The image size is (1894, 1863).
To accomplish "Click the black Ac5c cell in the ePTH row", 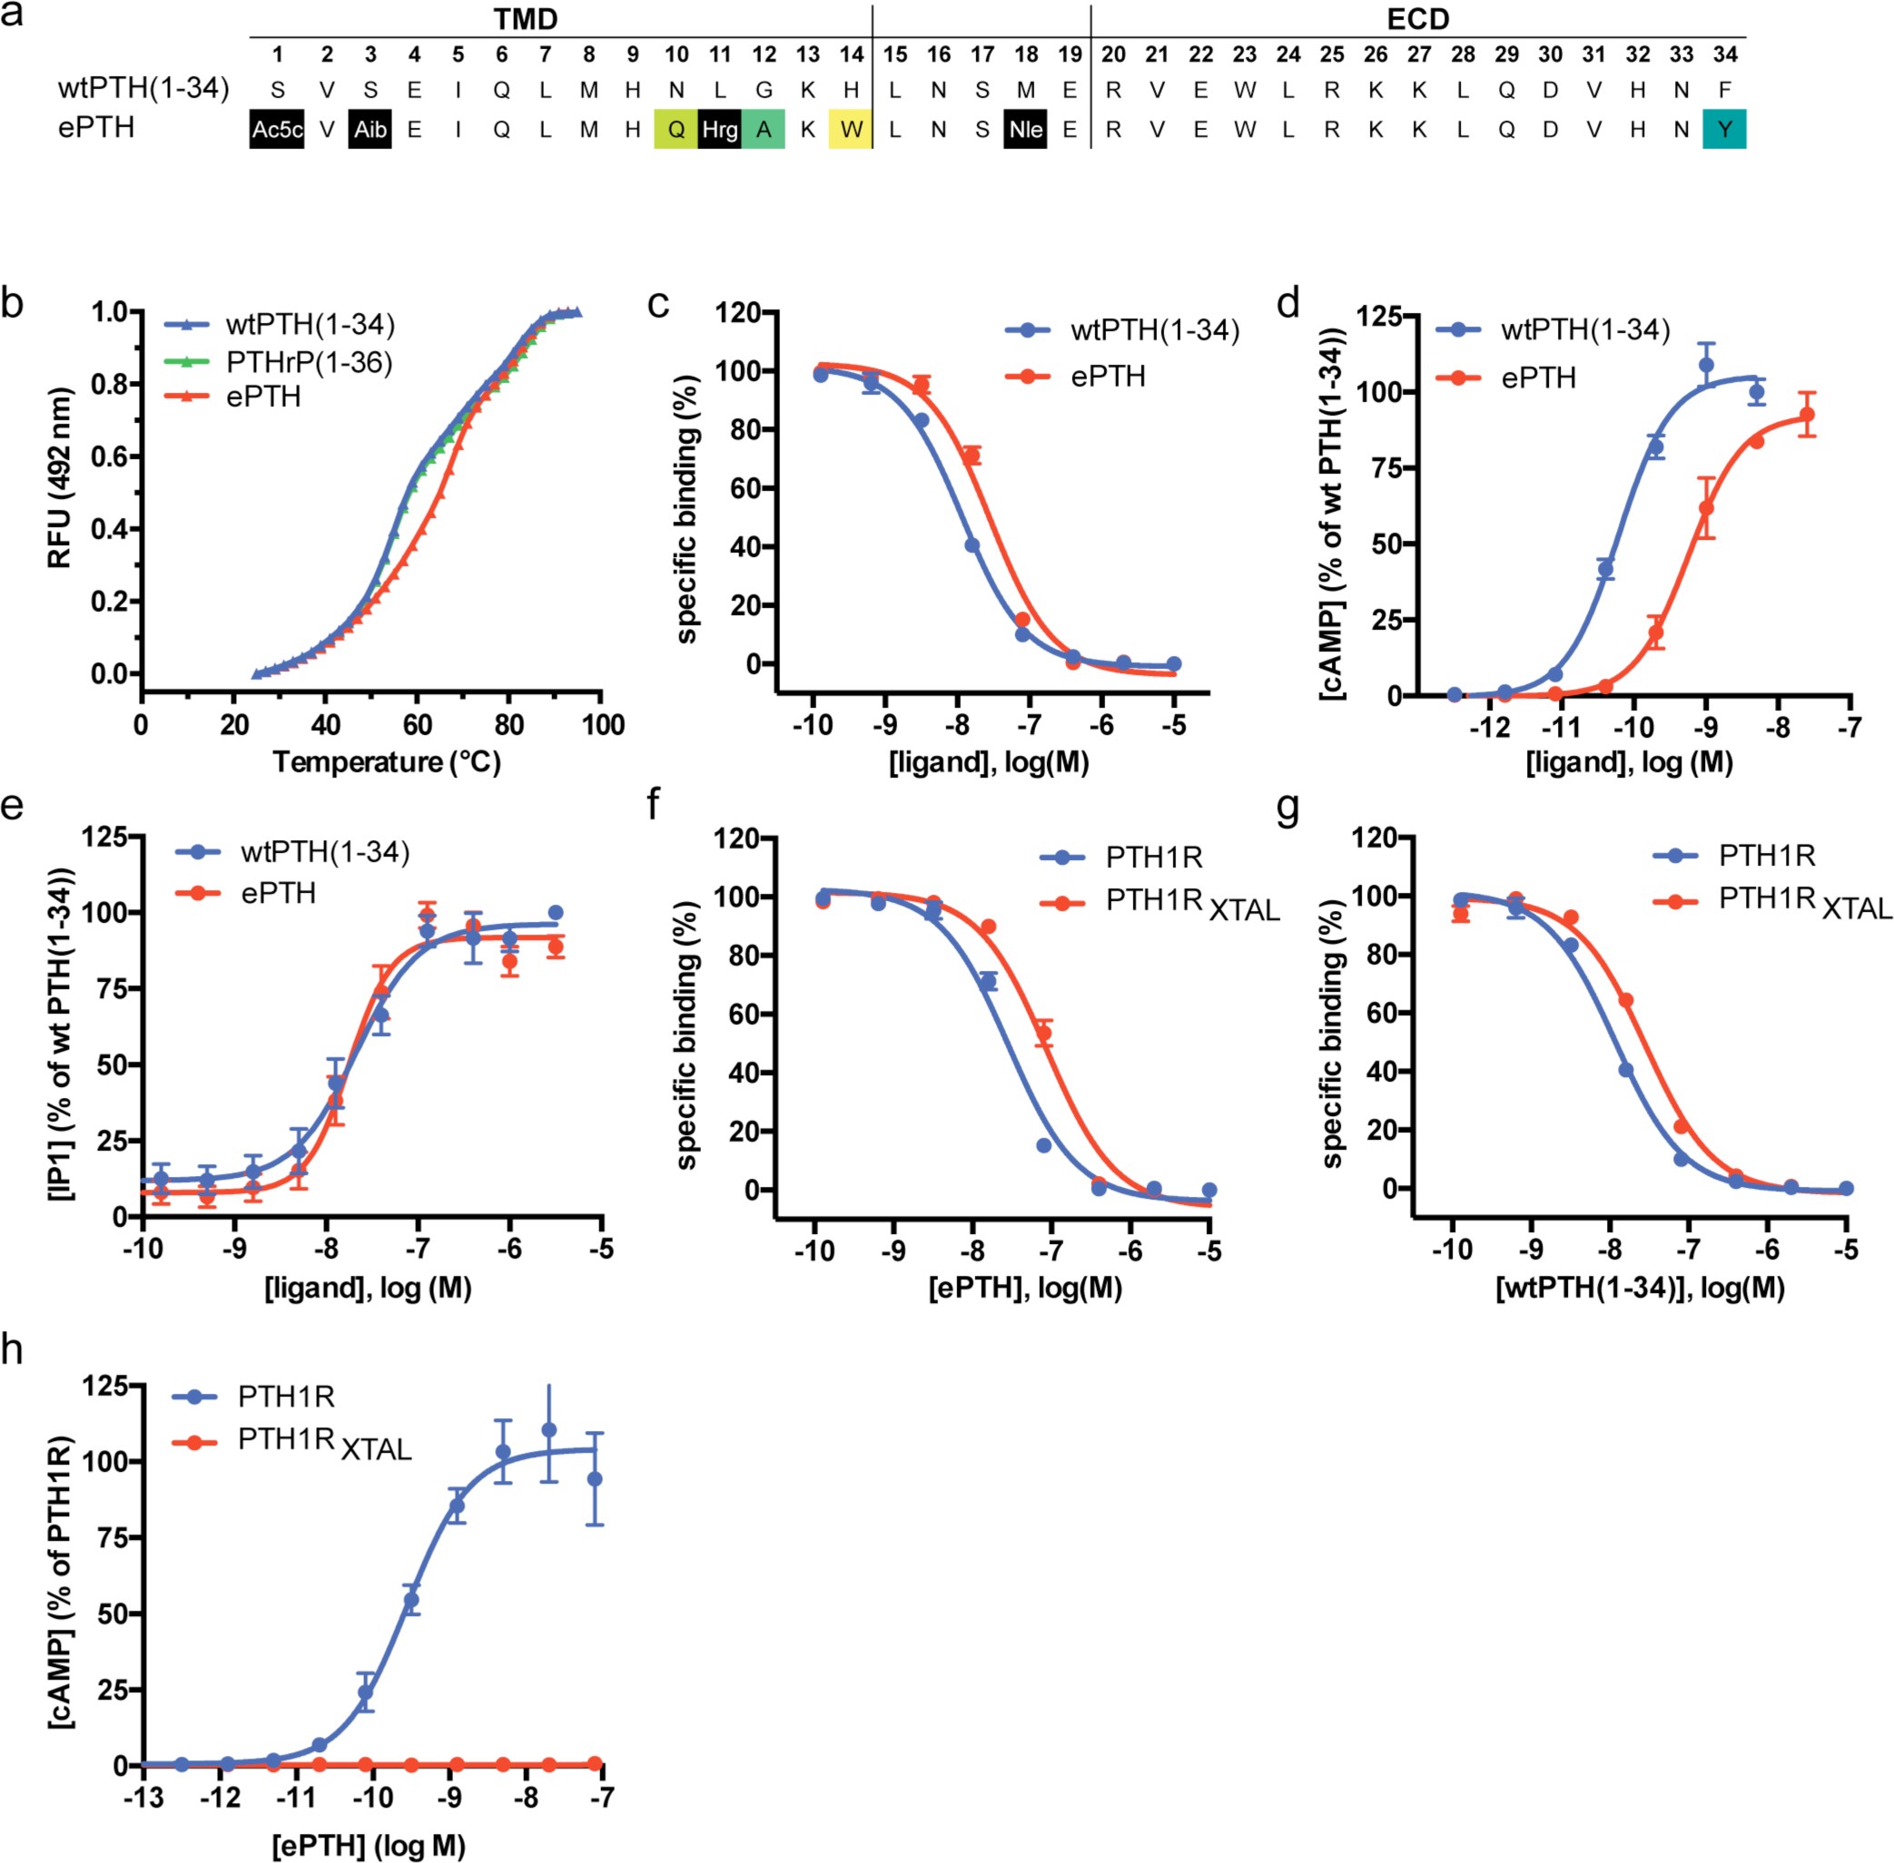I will click(277, 129).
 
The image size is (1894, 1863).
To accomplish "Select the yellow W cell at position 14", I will click(851, 129).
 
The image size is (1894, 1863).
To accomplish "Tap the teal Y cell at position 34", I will click(1723, 129).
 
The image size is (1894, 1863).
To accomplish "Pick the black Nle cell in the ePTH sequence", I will click(1025, 129).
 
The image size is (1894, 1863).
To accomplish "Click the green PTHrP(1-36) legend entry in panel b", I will click(309, 362).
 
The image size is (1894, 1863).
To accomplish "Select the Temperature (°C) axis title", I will click(387, 762).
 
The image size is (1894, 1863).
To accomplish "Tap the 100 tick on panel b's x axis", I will click(603, 725).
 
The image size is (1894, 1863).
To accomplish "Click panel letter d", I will click(1288, 304).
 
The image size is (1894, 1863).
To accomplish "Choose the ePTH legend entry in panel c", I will click(1107, 377).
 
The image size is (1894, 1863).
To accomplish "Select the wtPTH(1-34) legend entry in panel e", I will click(324, 852).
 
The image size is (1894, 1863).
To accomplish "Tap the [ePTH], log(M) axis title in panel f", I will click(1025, 1288).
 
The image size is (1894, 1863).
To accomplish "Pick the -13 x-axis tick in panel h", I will click(143, 1799).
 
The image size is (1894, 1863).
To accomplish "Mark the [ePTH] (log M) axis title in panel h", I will click(368, 1846).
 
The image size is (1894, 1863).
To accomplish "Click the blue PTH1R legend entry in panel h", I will click(286, 1397).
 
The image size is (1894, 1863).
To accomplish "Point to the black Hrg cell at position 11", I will click(719, 129).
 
